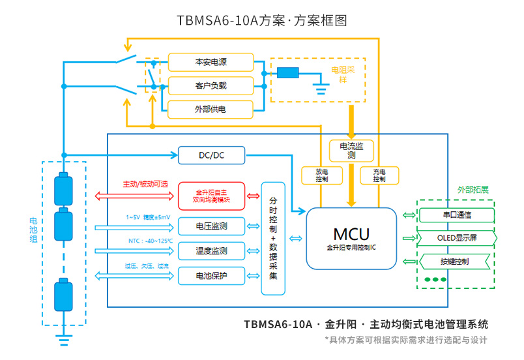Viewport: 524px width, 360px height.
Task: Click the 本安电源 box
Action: (211, 62)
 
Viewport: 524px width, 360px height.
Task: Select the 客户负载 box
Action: (211, 85)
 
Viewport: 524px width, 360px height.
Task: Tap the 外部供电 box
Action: (211, 109)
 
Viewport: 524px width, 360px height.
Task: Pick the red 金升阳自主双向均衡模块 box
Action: (212, 196)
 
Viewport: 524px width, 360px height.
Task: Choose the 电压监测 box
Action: (212, 226)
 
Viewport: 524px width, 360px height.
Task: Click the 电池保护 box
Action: (212, 275)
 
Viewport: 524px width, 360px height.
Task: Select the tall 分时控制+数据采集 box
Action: (273, 238)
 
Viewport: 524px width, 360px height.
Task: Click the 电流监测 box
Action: (351, 151)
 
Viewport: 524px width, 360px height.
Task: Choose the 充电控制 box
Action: (379, 175)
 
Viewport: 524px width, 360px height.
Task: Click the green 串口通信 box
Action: (455, 214)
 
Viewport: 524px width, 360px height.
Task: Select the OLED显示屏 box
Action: (455, 238)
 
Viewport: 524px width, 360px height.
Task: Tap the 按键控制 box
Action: (455, 262)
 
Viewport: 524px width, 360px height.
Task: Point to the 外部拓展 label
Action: (473, 190)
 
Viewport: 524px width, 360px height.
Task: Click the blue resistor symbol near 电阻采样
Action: (287, 73)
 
